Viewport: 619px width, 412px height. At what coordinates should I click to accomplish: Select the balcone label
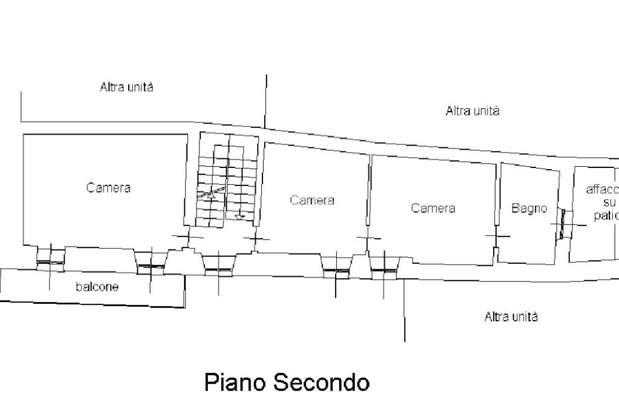tap(97, 286)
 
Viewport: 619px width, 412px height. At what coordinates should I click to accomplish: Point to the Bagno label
tap(529, 208)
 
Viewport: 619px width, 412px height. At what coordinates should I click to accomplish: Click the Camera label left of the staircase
tap(108, 188)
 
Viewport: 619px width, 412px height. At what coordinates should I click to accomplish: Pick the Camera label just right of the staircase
tap(312, 200)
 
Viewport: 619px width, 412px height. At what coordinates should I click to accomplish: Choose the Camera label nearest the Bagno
tap(433, 208)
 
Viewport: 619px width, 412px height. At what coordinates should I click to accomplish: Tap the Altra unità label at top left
tap(126, 87)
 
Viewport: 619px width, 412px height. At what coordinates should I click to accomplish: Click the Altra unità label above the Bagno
tap(472, 111)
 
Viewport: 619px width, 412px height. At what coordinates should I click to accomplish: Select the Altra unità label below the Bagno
tap(511, 317)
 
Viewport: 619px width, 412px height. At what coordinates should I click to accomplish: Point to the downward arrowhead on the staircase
tap(239, 216)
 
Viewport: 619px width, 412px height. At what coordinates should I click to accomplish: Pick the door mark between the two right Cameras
tap(369, 238)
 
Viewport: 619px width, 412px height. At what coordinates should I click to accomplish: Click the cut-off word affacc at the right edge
tap(602, 189)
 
